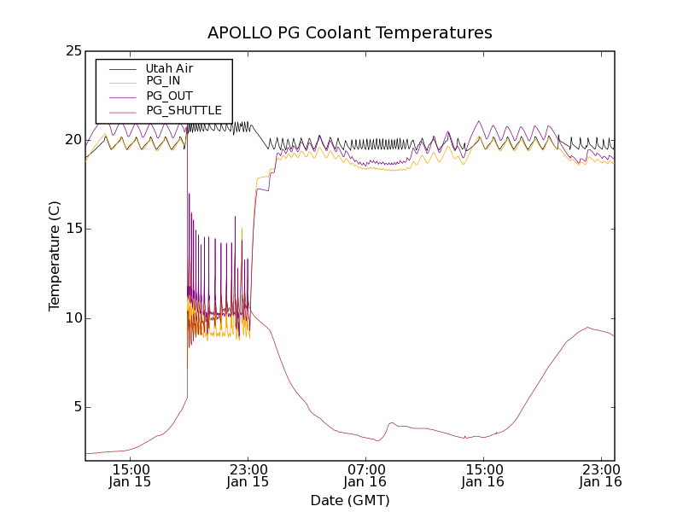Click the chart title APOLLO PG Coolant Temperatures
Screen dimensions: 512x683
[350, 33]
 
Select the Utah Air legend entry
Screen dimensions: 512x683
[169, 68]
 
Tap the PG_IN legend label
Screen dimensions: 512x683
[163, 81]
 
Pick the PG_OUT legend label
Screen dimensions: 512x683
[169, 96]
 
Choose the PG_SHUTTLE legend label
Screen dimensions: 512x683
[184, 110]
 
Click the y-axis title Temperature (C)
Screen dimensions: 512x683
[54, 255]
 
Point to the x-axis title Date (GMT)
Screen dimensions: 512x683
[350, 500]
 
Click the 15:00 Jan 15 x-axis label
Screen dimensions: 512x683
[131, 474]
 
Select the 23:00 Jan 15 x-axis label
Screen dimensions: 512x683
[248, 474]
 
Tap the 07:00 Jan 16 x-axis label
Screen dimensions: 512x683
[366, 474]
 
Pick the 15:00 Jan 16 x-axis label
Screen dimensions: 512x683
[484, 474]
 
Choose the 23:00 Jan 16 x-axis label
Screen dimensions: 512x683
[601, 474]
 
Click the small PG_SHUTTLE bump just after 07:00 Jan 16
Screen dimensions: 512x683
[392, 422]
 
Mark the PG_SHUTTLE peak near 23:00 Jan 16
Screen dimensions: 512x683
[587, 328]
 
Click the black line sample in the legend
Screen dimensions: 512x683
[123, 68]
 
